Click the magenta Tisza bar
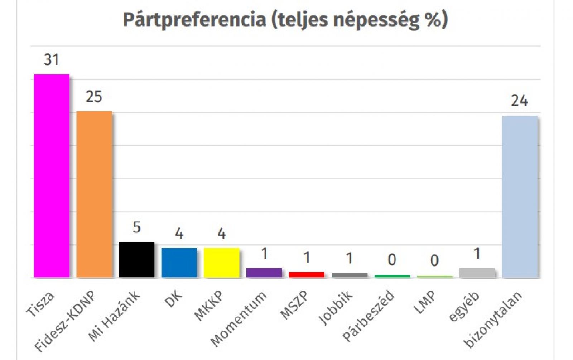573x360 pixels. pyautogui.click(x=52, y=176)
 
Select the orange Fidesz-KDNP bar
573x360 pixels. pyautogui.click(x=94, y=194)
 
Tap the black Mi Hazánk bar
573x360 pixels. pyautogui.click(x=136, y=259)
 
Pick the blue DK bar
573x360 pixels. pyautogui.click(x=179, y=263)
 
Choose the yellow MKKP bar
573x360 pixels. pyautogui.click(x=222, y=263)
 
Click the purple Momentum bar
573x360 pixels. pyautogui.click(x=264, y=273)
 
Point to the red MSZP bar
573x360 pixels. pyautogui.click(x=307, y=275)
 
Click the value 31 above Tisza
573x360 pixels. pyautogui.click(x=51, y=59)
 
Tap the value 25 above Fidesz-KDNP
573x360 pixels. pyautogui.click(x=94, y=97)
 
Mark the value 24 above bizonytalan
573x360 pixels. pyautogui.click(x=519, y=101)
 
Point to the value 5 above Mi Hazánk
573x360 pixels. pyautogui.click(x=136, y=227)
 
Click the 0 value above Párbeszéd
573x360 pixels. pyautogui.click(x=392, y=260)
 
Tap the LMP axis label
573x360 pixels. pyautogui.click(x=426, y=302)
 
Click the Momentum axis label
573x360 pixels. pyautogui.click(x=239, y=319)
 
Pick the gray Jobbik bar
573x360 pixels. pyautogui.click(x=350, y=275)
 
